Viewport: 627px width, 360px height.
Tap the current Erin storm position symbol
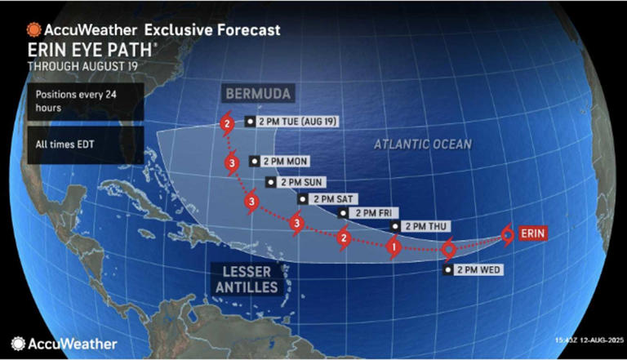point(507,236)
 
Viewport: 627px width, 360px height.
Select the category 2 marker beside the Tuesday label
point(226,125)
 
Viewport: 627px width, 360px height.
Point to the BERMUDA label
point(260,95)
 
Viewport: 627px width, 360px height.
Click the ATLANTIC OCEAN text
point(423,144)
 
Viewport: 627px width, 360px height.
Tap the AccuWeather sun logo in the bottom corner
point(17,344)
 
